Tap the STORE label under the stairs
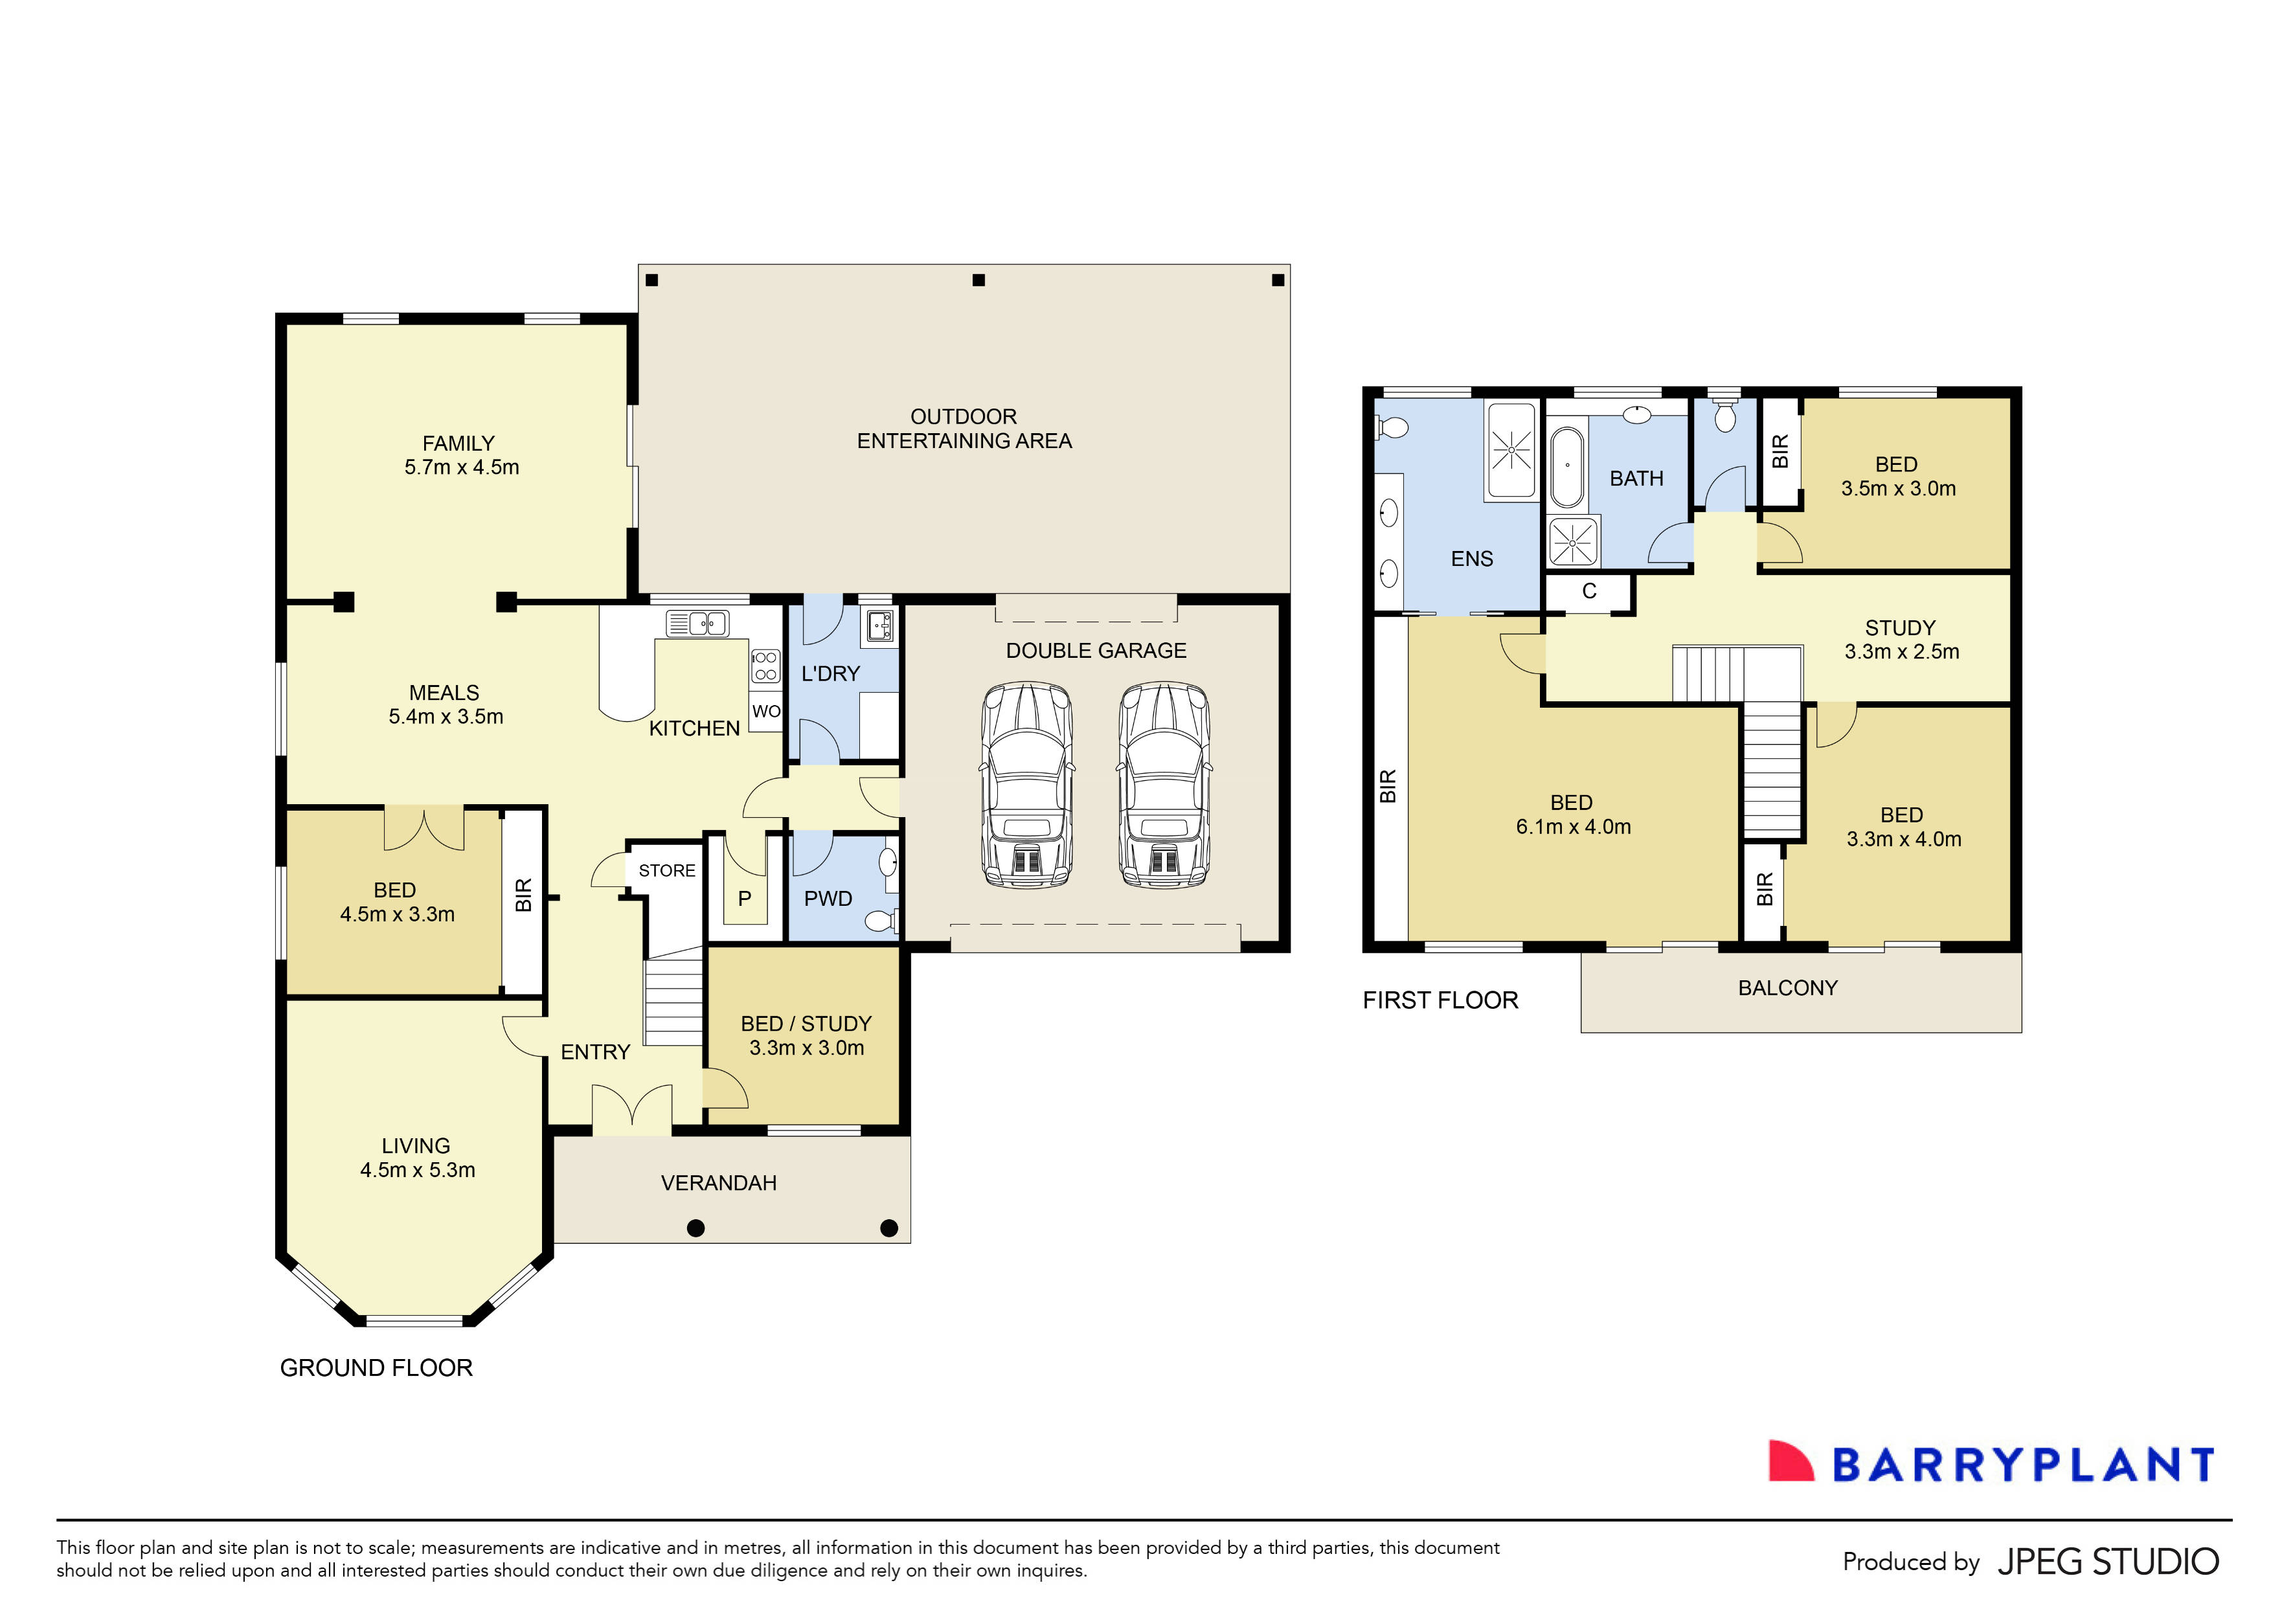667,870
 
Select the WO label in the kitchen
765,712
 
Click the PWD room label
828,899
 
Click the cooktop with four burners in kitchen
765,666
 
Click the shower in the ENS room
1511,451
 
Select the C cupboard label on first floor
1589,592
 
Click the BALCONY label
1787,989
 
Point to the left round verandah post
695,1228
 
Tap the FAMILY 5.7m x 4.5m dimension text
462,467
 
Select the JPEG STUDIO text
2107,1562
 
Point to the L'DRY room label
830,673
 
